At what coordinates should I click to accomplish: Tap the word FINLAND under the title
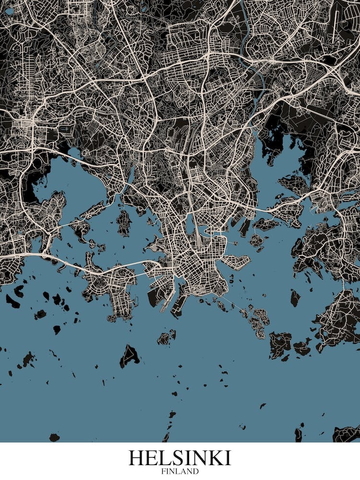(180, 471)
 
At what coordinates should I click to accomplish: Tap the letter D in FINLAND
(196, 471)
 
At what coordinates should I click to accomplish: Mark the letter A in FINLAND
(184, 471)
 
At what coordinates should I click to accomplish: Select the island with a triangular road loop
(130, 355)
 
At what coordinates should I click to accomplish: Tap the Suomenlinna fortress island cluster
(259, 322)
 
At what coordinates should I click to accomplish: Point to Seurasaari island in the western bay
(124, 222)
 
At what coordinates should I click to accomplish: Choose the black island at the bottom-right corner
(347, 434)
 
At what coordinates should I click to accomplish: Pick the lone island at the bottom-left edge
(54, 437)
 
